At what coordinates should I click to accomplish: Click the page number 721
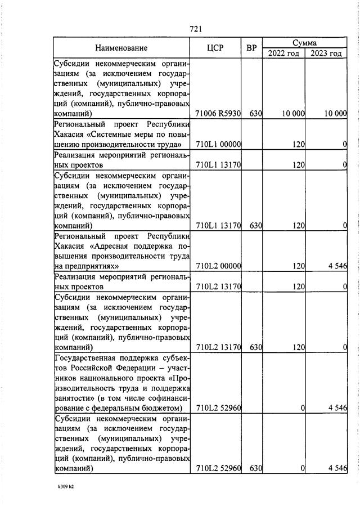[196, 29]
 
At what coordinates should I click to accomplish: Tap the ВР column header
[251, 48]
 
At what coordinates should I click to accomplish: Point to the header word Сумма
[304, 42]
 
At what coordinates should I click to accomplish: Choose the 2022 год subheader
[283, 53]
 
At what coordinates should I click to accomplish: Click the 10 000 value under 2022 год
[293, 113]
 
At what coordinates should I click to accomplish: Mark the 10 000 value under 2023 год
[335, 113]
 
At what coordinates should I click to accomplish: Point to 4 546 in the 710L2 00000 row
[337, 266]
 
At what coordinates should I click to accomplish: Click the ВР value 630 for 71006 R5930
[256, 113]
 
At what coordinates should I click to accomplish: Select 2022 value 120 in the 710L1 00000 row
[298, 145]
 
